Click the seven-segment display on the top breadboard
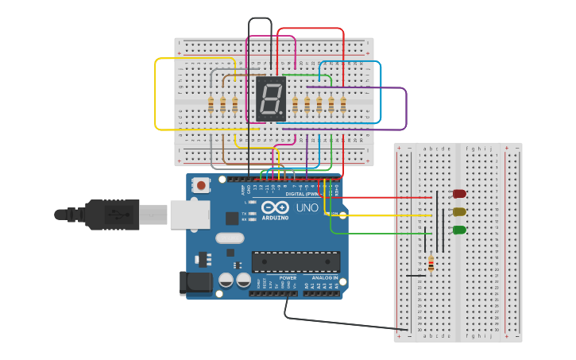pos(271,99)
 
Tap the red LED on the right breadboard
pos(459,194)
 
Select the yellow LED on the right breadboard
pos(459,211)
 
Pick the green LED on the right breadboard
pos(459,230)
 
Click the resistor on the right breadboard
pos(431,263)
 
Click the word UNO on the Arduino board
pos(307,208)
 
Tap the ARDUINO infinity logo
pos(275,207)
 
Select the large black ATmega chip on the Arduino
pos(296,261)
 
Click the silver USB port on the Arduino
pos(190,215)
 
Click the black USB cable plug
pos(112,215)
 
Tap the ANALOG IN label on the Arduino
pos(319,277)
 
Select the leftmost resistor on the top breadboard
pos(211,104)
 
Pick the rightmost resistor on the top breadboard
pos(343,104)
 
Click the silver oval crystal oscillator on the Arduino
pos(230,238)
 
